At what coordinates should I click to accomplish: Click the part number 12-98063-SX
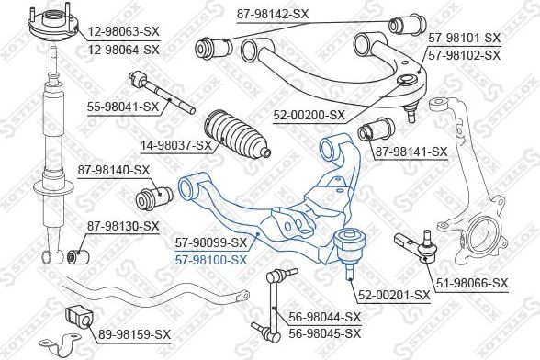click(124, 32)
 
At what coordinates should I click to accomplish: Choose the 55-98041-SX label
click(123, 107)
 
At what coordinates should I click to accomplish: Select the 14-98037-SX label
click(175, 145)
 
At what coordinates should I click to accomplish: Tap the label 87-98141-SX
click(411, 152)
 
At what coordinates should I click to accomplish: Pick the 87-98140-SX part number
click(113, 170)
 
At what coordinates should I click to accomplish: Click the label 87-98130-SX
click(123, 226)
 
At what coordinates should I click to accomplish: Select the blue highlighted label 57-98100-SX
click(211, 260)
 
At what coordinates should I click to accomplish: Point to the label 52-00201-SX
click(393, 295)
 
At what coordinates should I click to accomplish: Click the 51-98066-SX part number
click(471, 282)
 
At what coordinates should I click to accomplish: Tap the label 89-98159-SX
click(134, 332)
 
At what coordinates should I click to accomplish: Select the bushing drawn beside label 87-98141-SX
click(377, 131)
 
